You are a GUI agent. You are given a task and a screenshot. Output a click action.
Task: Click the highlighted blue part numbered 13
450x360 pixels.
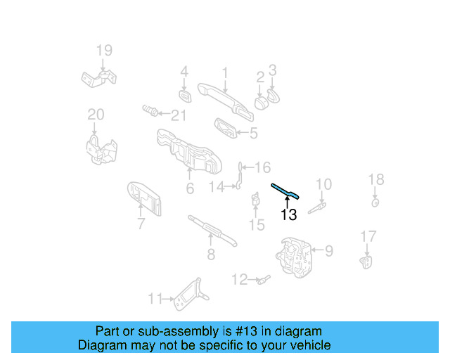pos(287,191)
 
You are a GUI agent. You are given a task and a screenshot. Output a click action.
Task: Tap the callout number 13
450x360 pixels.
pos(289,215)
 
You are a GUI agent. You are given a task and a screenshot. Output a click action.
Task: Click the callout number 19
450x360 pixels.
pos(104,50)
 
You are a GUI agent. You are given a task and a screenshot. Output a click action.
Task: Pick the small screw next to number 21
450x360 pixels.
pos(148,111)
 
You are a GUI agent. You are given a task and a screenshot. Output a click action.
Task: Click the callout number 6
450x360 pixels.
pos(190,188)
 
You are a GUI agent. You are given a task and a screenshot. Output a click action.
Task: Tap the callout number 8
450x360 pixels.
pos(211,255)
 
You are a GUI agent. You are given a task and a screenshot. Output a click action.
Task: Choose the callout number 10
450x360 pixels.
pos(323,185)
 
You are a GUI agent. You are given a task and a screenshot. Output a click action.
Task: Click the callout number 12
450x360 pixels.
pos(240,280)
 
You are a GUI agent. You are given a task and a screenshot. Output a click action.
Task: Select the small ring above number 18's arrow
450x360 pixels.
pos(375,202)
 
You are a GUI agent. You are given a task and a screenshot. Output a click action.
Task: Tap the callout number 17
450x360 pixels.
pos(368,236)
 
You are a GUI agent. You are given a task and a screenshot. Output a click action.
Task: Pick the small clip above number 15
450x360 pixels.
pos(256,202)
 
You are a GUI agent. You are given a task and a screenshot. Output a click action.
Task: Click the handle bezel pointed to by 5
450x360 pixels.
pos(225,129)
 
